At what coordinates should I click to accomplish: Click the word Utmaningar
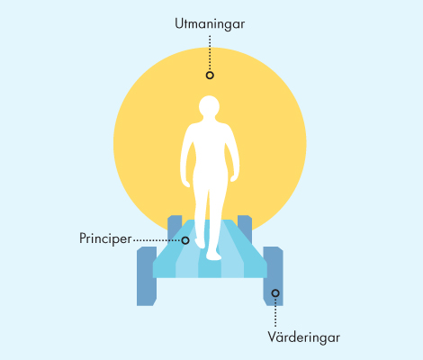pos(210,24)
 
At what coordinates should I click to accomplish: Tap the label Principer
pos(105,238)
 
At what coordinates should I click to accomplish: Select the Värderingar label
pos(304,337)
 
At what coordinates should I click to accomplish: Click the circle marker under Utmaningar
pos(210,75)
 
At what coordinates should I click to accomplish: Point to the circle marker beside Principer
pos(185,240)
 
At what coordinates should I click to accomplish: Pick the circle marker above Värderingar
pos(275,293)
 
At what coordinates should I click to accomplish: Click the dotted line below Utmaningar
pos(210,53)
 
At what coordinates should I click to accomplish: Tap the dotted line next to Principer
pos(157,240)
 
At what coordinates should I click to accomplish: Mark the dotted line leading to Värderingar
pos(275,312)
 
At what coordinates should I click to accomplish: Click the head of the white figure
pos(209,106)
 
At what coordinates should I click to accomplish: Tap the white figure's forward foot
pos(213,256)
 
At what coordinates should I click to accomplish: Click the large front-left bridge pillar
pos(147,276)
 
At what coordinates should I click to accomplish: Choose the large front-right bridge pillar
pos(273,276)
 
